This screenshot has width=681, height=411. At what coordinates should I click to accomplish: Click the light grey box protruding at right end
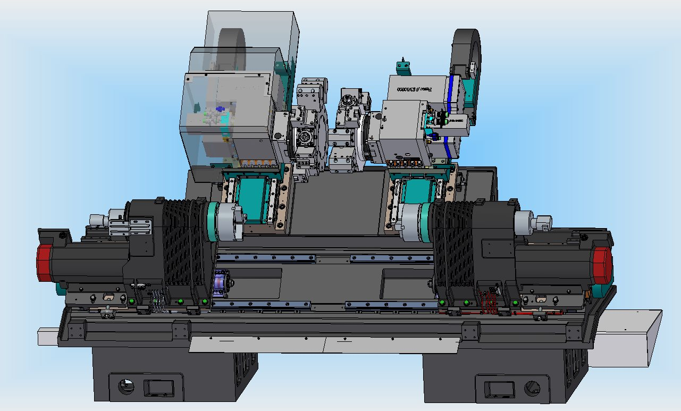click(625, 338)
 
